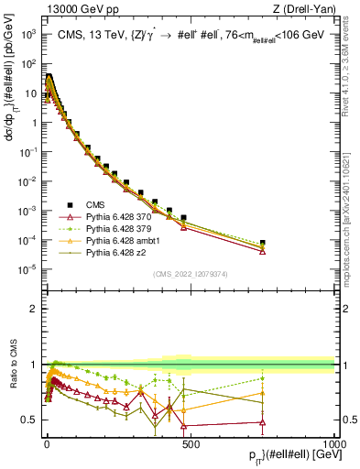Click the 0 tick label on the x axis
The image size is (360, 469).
coord(47,443)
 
